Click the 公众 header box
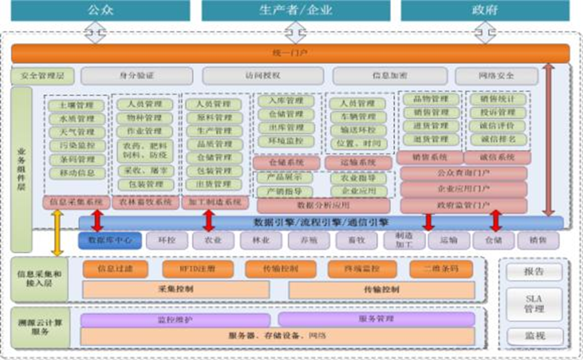101,10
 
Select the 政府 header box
485,10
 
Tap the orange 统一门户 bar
290,53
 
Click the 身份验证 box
137,76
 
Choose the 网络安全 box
496,76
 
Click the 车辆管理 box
358,117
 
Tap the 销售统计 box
498,99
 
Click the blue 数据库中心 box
109,240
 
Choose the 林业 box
260,240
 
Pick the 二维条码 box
440,269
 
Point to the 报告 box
534,272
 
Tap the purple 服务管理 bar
376,319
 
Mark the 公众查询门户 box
463,173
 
